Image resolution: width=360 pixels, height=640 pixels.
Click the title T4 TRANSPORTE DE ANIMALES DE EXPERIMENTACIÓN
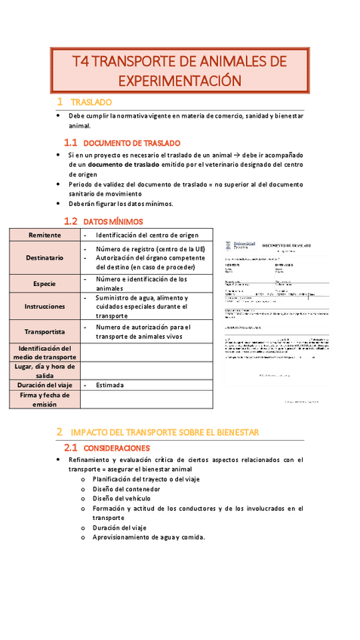[180, 70]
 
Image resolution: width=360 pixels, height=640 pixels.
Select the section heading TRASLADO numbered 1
[91, 101]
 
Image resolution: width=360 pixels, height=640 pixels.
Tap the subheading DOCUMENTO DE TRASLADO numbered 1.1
[131, 142]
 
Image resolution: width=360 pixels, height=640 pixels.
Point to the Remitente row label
[45, 235]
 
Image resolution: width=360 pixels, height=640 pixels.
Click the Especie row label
[45, 284]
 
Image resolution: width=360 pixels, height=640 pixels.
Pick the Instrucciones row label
[45, 306]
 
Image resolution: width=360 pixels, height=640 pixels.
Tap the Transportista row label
[45, 331]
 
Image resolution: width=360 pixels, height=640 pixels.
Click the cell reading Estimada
[109, 385]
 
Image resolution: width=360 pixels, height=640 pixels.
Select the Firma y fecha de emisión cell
[45, 399]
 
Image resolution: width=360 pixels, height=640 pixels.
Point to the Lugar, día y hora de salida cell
[45, 370]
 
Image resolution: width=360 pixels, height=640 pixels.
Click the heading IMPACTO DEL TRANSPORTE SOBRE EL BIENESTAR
[165, 432]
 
